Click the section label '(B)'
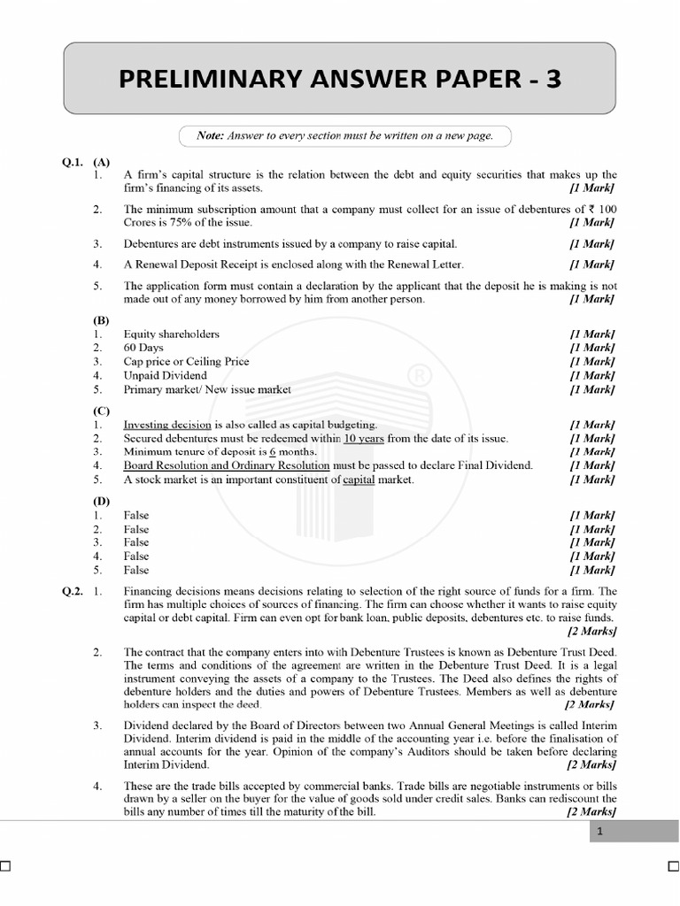[100, 320]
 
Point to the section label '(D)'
[100, 502]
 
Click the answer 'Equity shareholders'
[172, 334]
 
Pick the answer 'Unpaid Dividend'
[166, 375]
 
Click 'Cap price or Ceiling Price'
[187, 362]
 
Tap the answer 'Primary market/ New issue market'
[207, 389]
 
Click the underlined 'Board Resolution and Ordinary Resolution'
[227, 465]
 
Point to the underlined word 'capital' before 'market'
[359, 480]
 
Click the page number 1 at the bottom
[600, 832]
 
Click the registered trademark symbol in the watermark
[414, 377]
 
